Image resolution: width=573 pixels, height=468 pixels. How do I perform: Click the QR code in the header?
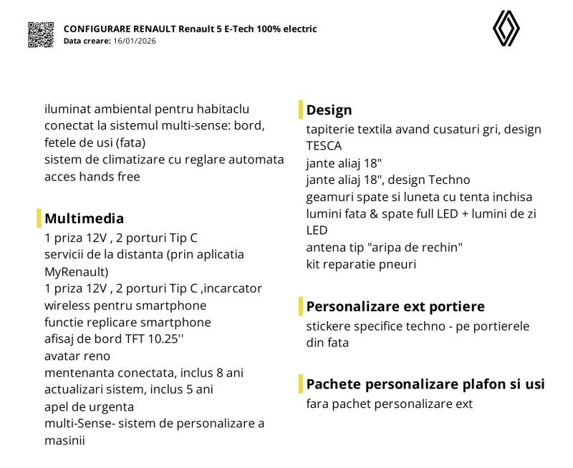(41, 34)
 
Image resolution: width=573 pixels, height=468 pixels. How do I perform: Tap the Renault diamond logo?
(506, 29)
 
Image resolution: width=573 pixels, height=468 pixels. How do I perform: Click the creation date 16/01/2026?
(135, 41)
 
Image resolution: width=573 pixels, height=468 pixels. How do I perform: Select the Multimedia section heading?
(84, 218)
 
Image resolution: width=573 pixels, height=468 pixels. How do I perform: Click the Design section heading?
(329, 110)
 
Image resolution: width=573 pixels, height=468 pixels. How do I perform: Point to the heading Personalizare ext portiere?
(395, 306)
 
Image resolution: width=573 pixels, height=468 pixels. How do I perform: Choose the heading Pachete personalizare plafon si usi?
(425, 384)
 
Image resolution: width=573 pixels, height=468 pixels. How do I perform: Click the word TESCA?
(324, 146)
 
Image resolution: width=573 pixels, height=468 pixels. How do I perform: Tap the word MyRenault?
(74, 271)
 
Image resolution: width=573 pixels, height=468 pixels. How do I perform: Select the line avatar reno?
(77, 356)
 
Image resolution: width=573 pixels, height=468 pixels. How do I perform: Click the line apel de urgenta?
(88, 406)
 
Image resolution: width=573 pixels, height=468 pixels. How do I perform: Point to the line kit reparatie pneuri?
(361, 264)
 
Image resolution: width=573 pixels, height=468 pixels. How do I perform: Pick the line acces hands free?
(92, 176)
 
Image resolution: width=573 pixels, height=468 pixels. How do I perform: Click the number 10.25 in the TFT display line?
(169, 339)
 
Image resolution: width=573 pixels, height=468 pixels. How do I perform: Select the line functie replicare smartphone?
(127, 322)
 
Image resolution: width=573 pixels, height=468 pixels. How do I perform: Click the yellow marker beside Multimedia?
(39, 218)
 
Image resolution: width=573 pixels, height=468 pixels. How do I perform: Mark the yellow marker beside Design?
(301, 110)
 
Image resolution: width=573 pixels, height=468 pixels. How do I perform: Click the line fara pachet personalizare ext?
(389, 404)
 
